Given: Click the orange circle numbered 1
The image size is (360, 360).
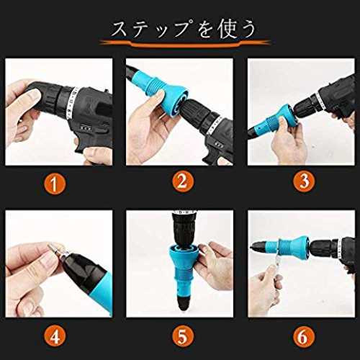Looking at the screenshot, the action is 55,184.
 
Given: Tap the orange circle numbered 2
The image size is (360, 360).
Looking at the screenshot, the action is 182,181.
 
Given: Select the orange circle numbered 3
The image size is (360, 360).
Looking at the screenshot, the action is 304,181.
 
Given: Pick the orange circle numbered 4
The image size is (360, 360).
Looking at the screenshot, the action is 55,336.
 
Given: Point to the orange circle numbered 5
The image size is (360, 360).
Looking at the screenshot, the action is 182,336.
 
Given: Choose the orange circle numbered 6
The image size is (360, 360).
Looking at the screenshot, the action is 304,336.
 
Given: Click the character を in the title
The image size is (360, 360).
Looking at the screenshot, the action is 204,30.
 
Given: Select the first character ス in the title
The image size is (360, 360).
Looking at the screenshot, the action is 120,30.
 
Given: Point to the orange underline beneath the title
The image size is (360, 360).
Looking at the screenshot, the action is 185,44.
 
